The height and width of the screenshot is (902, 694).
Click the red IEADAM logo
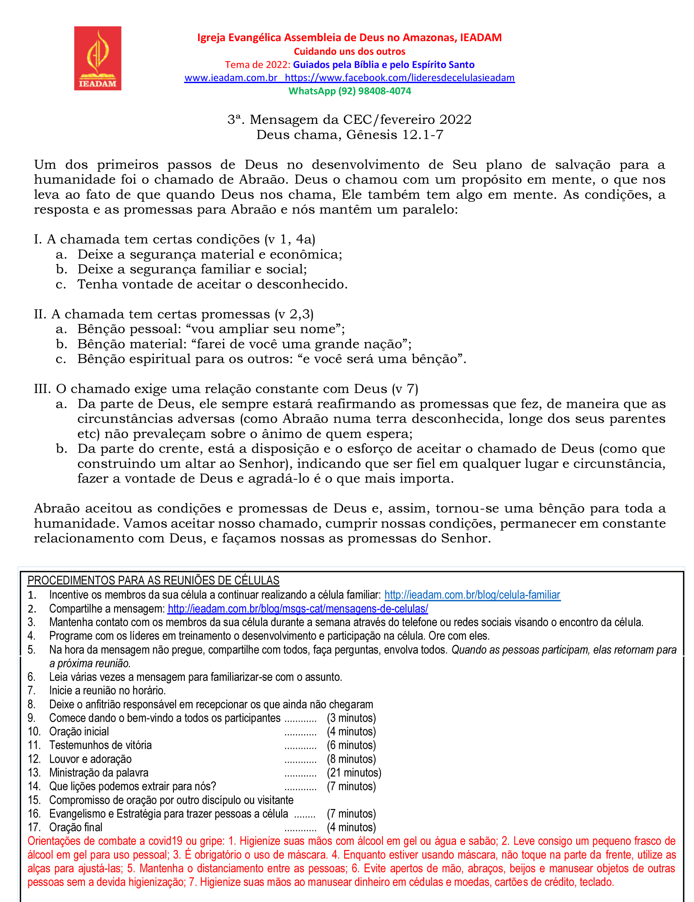[98, 58]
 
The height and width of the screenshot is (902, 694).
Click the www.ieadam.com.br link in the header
[230, 77]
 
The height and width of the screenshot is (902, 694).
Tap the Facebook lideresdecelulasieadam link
[399, 77]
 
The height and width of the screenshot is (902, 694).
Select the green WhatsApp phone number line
[349, 91]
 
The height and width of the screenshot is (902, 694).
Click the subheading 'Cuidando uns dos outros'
[349, 52]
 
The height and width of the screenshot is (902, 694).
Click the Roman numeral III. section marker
[42, 389]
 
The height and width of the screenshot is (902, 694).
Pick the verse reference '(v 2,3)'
[294, 314]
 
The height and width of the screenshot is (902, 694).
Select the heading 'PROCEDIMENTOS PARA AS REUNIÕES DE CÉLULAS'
[153, 580]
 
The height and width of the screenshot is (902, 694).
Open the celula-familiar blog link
[472, 595]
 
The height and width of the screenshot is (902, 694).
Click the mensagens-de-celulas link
[297, 609]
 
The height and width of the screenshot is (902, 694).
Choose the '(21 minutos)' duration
[353, 773]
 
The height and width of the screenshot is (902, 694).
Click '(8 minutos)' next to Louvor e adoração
[351, 759]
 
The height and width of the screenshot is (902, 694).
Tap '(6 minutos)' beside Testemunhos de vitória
[351, 745]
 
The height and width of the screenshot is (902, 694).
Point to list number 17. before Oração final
[34, 827]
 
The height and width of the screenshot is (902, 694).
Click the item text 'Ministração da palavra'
[99, 773]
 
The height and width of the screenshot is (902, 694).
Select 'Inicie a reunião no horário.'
[107, 691]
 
